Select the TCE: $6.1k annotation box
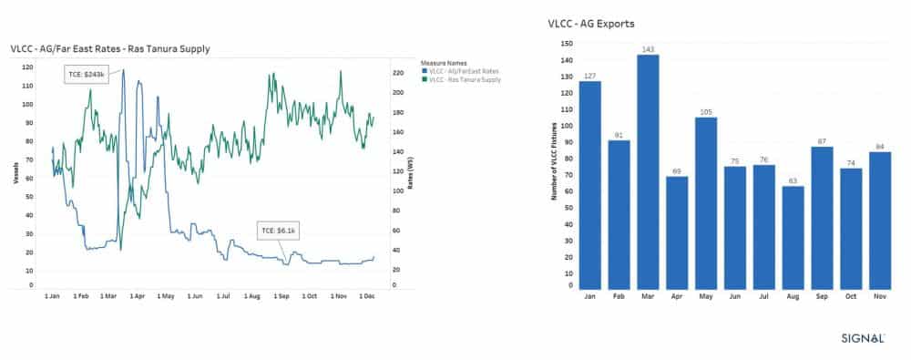click(279, 229)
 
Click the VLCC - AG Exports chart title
click(591, 24)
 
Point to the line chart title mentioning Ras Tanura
click(110, 47)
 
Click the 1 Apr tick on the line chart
click(138, 296)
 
